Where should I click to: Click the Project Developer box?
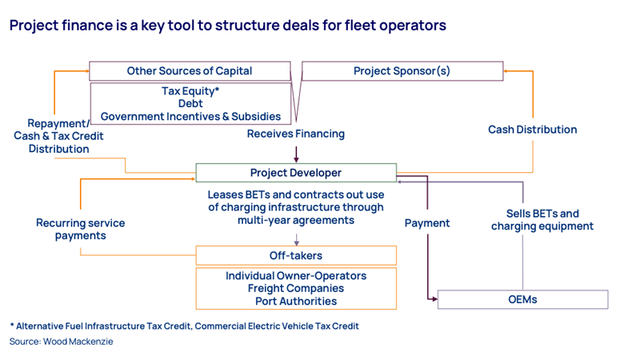[x=295, y=173]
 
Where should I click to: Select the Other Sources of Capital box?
[x=189, y=71]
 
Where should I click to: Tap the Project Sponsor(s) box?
[x=402, y=71]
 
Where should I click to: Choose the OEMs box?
[x=522, y=300]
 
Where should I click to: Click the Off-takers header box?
[x=295, y=255]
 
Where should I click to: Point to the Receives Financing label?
[x=295, y=134]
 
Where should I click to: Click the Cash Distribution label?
[x=532, y=130]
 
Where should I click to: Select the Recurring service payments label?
[x=80, y=229]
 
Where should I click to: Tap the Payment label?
[x=427, y=223]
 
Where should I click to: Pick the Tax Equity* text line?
[x=190, y=91]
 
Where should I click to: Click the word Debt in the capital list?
[x=190, y=104]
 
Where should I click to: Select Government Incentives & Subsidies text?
[x=190, y=117]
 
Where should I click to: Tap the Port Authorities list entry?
[x=295, y=301]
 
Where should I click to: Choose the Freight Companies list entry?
[x=295, y=288]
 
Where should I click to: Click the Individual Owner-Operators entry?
[x=295, y=276]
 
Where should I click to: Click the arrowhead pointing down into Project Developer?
[x=296, y=159]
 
